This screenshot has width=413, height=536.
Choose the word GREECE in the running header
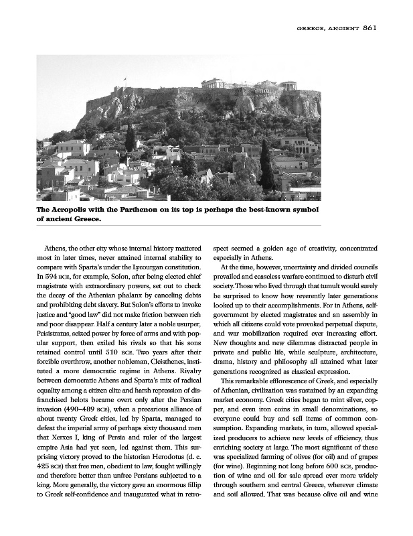(313, 29)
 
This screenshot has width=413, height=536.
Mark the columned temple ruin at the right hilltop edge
(288, 86)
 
